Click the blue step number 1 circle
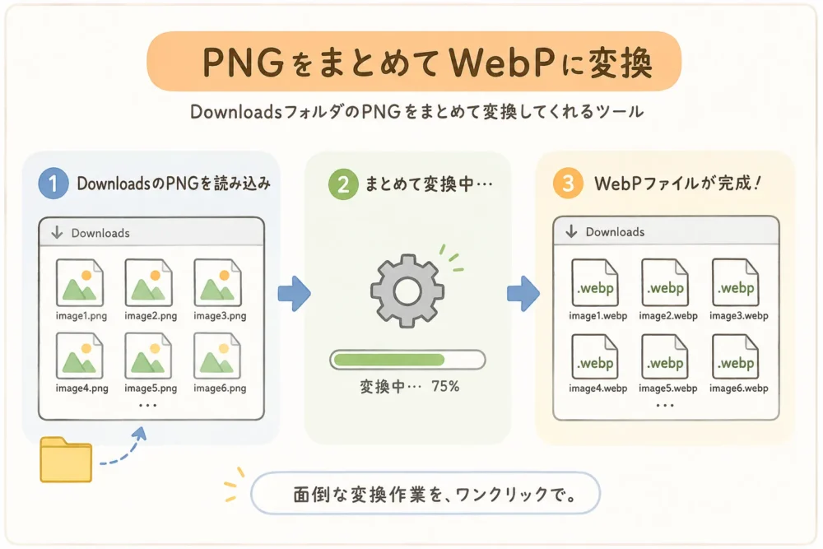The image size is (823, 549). [x=53, y=184]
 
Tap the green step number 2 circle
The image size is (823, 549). [x=343, y=184]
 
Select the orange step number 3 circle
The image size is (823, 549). [x=568, y=184]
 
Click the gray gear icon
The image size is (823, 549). [x=407, y=291]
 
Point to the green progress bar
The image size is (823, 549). [x=407, y=360]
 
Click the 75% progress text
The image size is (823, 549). [x=445, y=386]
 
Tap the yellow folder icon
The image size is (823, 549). [x=66, y=459]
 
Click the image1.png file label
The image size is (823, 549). [x=81, y=316]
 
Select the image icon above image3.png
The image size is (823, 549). [x=218, y=282]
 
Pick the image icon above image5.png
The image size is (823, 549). [x=148, y=356]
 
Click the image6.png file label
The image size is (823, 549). [x=220, y=388]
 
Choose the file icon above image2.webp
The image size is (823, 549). [x=665, y=282]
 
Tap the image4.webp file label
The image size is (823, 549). [x=597, y=388]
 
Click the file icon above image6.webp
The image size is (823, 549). [x=735, y=356]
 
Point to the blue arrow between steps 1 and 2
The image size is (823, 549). [x=294, y=293]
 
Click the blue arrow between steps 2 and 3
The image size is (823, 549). [x=523, y=293]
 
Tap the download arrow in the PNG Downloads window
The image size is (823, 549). [x=58, y=232]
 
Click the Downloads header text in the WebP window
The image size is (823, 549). [x=615, y=232]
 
